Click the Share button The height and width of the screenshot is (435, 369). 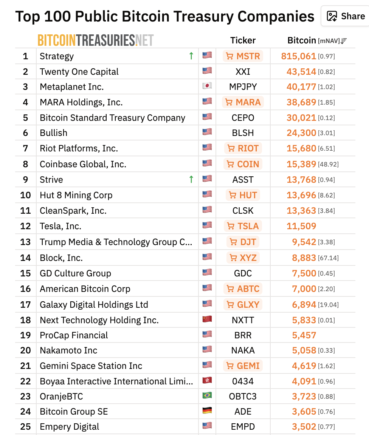click(346, 16)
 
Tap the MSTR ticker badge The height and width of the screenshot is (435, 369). click(243, 56)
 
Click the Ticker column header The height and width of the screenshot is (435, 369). click(243, 40)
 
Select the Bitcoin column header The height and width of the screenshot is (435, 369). click(302, 40)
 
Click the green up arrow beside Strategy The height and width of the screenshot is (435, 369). click(191, 56)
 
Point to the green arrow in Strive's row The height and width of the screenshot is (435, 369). click(191, 179)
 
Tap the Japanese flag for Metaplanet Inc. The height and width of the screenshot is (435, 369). click(207, 86)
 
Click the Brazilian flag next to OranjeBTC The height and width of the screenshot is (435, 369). click(207, 396)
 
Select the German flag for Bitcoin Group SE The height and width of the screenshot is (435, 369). click(207, 411)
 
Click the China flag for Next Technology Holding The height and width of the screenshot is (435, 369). click(207, 319)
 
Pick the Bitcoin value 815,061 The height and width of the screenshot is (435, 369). click(298, 56)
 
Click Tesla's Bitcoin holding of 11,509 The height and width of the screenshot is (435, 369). click(301, 226)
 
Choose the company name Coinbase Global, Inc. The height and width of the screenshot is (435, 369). click(83, 164)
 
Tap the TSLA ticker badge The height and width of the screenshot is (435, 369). click(243, 226)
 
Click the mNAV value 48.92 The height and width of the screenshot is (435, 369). click(328, 165)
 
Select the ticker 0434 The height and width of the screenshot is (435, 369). click(243, 381)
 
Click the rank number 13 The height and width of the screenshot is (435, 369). click(25, 242)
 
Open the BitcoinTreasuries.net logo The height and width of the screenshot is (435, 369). click(95, 40)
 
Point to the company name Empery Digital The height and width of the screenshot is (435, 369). click(70, 427)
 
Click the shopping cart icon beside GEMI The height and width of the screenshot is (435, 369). click(230, 366)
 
